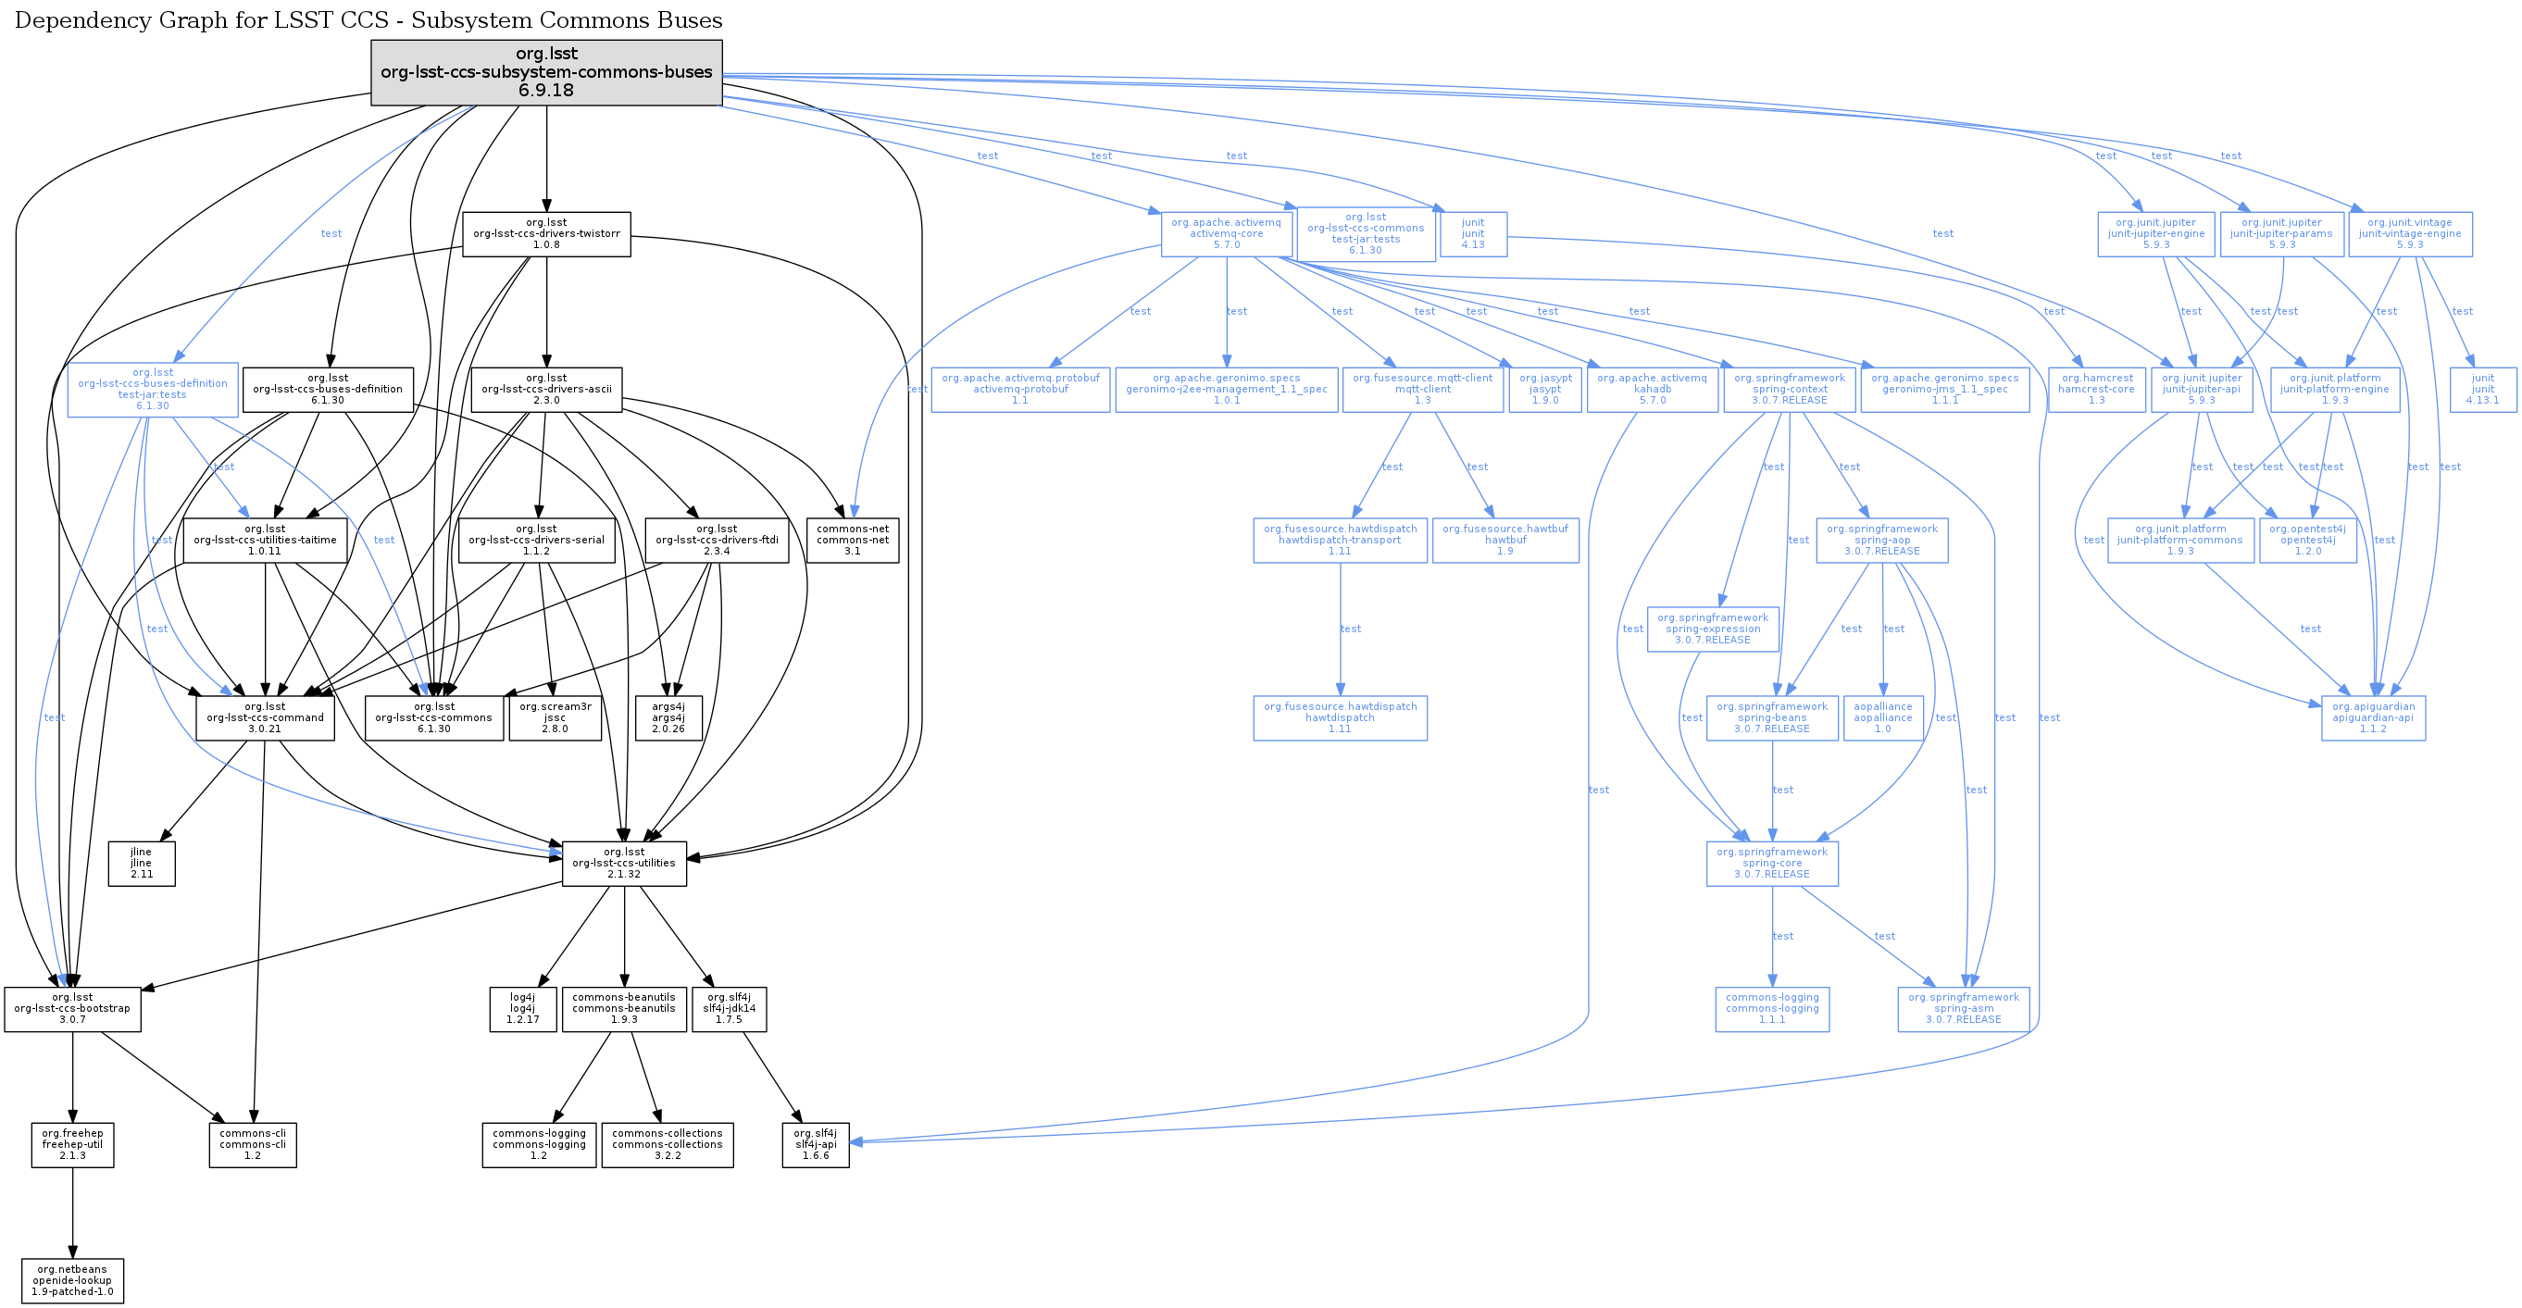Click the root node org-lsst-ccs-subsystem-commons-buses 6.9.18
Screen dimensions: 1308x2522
[546, 72]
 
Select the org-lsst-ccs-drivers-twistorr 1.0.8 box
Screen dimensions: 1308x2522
[546, 234]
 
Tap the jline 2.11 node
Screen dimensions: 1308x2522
[141, 864]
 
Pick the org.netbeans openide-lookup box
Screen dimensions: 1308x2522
[72, 1280]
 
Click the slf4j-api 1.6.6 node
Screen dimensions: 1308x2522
[816, 1144]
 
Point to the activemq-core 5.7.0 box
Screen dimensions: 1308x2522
[1227, 234]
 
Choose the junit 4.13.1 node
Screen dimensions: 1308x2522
[2483, 389]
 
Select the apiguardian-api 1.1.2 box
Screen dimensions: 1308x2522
[2373, 717]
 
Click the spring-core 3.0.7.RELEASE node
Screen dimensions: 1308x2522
[1772, 864]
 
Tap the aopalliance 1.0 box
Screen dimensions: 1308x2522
[1882, 717]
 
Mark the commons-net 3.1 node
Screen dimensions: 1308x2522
[853, 540]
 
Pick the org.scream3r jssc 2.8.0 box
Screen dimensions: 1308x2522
[556, 717]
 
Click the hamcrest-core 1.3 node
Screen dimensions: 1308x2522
[2096, 389]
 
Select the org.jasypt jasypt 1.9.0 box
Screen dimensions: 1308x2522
[1545, 389]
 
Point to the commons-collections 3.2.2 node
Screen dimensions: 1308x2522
[667, 1144]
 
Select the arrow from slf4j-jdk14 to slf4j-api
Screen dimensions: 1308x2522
[772, 1077]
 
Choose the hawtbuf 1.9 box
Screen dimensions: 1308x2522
[1504, 540]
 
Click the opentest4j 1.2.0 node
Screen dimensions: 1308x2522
[2307, 540]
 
